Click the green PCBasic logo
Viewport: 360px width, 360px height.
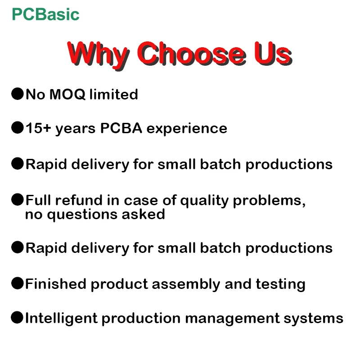click(45, 14)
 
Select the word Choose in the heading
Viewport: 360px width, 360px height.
click(192, 53)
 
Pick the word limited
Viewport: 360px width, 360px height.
click(113, 94)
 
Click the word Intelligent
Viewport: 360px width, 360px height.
click(58, 319)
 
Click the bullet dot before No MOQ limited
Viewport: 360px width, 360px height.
click(17, 94)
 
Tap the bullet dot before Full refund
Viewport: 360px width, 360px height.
click(17, 199)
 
